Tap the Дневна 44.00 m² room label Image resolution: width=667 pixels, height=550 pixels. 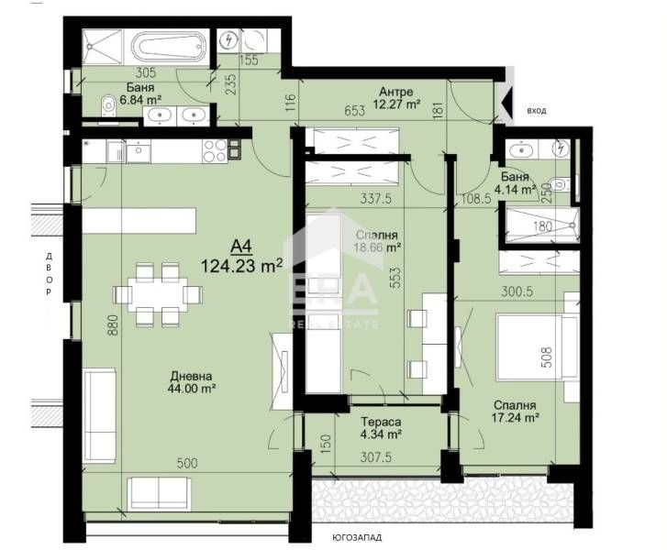[192, 381]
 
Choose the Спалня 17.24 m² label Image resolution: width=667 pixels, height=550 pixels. [515, 411]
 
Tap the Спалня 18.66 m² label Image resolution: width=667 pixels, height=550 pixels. [380, 241]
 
